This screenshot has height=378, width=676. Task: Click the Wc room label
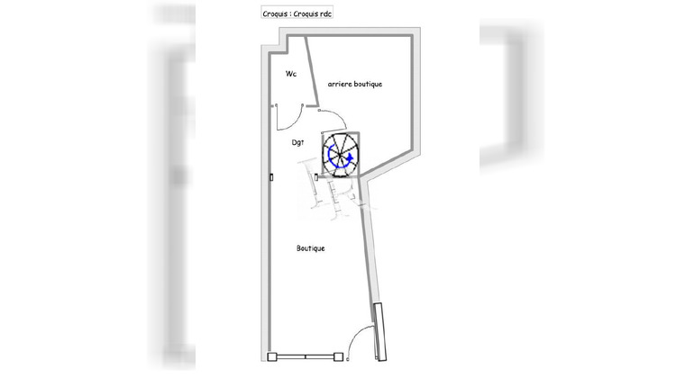291,74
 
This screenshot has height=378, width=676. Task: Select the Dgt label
297,142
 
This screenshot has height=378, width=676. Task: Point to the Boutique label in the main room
310,248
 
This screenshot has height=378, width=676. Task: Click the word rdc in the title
324,13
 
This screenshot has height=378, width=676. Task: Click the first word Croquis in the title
275,14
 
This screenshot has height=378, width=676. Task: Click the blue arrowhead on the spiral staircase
350,157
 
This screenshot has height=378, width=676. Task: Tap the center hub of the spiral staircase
341,155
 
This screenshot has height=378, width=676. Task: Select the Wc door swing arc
293,121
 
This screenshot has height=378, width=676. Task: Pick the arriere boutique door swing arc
338,114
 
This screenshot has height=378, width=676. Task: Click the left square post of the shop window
272,357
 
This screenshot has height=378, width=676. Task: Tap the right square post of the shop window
338,357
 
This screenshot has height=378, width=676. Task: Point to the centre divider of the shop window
306,357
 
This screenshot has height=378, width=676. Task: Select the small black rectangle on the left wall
271,177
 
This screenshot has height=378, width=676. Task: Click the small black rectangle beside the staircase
316,177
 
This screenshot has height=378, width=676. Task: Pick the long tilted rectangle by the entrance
379,331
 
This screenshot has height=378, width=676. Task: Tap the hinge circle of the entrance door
348,359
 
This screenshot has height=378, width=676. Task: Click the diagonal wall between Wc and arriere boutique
312,71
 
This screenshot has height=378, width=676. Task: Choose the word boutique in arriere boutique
368,84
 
